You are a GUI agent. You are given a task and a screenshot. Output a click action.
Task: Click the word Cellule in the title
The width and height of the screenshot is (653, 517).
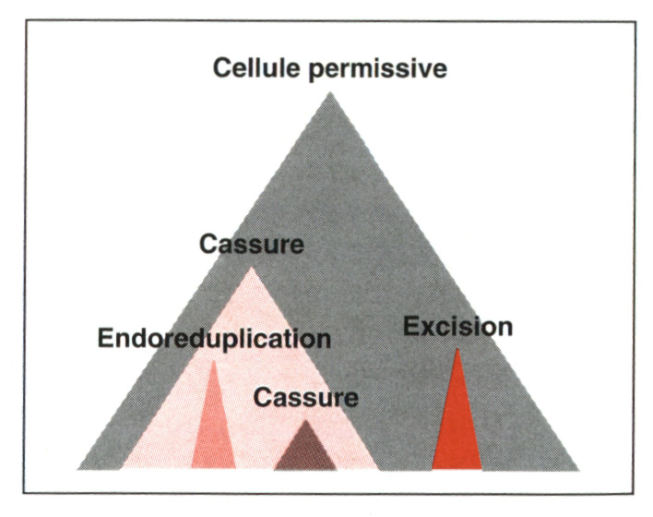[x=255, y=67]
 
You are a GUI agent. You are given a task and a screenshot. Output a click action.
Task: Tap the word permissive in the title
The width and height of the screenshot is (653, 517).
[x=378, y=69]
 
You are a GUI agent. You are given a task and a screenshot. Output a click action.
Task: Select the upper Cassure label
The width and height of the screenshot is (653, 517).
[x=252, y=244]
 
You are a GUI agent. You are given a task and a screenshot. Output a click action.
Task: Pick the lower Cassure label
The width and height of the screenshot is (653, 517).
[x=305, y=397]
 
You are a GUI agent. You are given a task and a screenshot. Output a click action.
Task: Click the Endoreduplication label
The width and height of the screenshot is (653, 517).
[x=214, y=338]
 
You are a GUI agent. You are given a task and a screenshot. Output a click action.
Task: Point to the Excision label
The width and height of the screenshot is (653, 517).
[x=457, y=327]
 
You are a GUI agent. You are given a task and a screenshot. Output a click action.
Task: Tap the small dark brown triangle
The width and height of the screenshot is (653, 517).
[x=305, y=451]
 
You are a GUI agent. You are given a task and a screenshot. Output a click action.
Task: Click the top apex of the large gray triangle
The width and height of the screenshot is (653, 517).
[x=330, y=92]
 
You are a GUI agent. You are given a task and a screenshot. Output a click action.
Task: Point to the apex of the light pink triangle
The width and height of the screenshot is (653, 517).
[x=251, y=267]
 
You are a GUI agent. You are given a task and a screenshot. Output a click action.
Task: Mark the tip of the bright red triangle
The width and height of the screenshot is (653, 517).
[x=457, y=348]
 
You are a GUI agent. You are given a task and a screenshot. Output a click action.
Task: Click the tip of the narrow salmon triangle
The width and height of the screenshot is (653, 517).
[x=214, y=361]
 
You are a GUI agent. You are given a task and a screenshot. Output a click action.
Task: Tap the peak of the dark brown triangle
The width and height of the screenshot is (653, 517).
[x=305, y=419]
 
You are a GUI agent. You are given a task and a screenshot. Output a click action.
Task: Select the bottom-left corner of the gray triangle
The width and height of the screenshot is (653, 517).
[x=77, y=470]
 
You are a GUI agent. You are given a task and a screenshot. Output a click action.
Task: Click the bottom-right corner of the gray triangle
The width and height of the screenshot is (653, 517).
[x=579, y=471]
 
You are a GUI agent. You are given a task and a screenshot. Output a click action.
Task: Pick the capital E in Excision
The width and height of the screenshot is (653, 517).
[x=411, y=327]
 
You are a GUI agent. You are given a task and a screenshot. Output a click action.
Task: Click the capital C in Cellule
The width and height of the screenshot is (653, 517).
[x=222, y=67]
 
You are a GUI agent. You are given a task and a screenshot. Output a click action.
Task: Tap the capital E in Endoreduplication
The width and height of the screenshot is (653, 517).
[x=105, y=338]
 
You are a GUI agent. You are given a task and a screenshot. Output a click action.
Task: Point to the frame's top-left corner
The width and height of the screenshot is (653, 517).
[x=25, y=20]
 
